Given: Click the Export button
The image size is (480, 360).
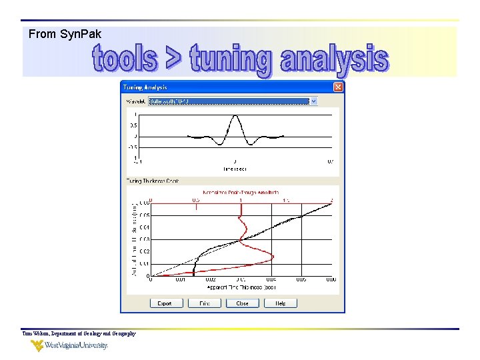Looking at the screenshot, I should (165, 303).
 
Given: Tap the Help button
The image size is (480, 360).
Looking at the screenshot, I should (281, 303).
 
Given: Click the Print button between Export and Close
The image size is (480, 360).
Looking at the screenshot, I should (204, 303).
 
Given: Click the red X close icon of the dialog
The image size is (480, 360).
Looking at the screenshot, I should (338, 87).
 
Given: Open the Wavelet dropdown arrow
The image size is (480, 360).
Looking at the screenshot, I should (314, 101).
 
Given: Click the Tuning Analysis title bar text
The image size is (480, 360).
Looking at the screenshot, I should (145, 87).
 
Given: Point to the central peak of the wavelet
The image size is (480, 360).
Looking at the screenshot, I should (235, 117).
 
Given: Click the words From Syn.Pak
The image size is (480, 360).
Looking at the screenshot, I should (65, 34).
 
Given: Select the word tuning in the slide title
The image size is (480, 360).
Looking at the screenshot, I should (231, 60).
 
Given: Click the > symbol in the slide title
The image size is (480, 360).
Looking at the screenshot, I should (173, 59).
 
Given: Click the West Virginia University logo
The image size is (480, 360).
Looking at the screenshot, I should (69, 345).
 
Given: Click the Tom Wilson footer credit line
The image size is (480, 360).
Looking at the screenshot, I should (79, 333).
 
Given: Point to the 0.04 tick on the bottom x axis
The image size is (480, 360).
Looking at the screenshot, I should (271, 281).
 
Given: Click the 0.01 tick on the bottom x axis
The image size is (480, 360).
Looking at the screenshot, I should (180, 281).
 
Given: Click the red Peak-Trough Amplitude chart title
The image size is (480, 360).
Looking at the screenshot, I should (241, 191).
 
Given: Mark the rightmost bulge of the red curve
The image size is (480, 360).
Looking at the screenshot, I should (273, 256).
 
